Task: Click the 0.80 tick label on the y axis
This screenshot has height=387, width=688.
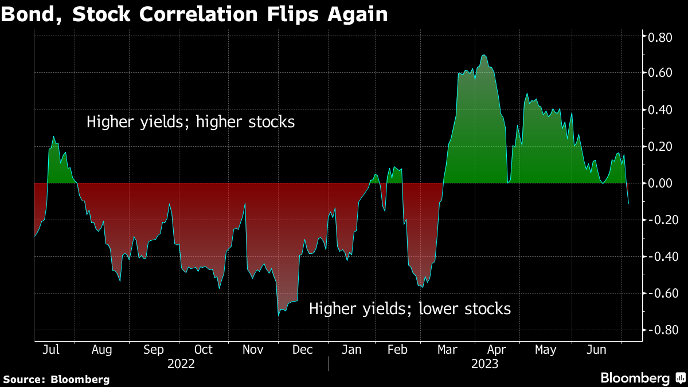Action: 660,37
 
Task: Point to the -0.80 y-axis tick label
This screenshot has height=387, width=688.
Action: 663,330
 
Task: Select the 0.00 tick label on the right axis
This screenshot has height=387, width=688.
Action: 660,183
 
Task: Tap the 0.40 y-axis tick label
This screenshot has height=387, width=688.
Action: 660,110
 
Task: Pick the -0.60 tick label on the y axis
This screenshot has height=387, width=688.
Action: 663,294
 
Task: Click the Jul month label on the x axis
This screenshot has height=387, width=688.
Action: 50,350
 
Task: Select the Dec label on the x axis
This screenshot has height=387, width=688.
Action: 303,350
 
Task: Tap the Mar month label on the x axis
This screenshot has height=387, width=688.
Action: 447,350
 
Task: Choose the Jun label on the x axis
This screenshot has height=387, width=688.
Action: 596,350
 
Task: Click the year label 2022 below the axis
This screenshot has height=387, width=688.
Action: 181,364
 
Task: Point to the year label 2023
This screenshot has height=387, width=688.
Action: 484,364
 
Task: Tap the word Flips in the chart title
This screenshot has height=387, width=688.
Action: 293,15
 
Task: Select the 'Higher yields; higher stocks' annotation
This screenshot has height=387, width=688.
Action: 190,122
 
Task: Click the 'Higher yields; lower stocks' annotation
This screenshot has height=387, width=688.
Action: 410,308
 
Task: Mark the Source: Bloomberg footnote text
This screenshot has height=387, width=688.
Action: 56,380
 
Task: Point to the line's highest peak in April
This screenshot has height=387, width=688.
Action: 484,55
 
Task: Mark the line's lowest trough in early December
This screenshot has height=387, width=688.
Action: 279,315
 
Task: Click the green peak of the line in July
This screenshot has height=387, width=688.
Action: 53,136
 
